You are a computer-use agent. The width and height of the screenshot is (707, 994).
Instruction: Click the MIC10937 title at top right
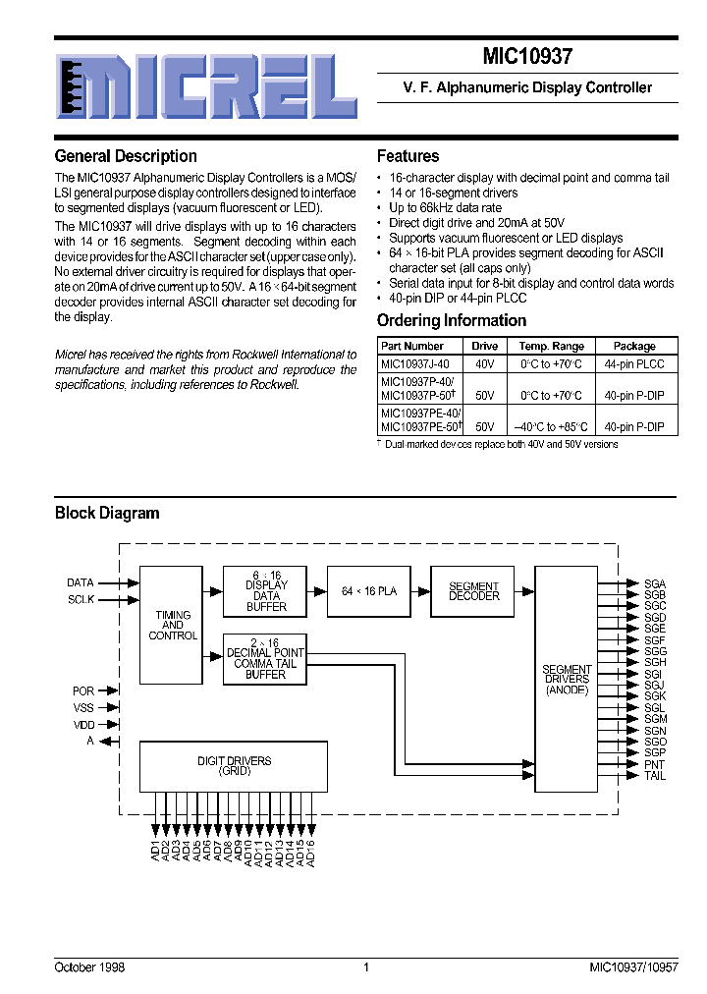[x=527, y=57]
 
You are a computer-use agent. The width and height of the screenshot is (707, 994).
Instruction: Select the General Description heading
[x=126, y=156]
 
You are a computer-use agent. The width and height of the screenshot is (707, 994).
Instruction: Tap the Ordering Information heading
[x=452, y=320]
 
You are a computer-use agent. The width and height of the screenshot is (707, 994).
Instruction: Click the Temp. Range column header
[x=551, y=346]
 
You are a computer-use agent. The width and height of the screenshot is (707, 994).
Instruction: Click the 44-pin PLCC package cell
[x=634, y=363]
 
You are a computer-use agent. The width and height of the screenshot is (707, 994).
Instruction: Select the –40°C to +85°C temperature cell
[x=551, y=427]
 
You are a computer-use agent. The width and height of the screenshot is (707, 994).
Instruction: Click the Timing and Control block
[x=172, y=625]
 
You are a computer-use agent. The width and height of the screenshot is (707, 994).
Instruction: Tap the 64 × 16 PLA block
[x=368, y=591]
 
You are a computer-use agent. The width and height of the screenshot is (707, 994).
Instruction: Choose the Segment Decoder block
[x=473, y=591]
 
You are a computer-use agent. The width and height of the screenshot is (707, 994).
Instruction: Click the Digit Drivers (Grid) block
[x=234, y=766]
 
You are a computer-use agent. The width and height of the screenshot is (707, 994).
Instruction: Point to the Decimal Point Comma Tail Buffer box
[x=265, y=664]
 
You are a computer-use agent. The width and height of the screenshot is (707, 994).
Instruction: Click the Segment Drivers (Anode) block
[x=567, y=679]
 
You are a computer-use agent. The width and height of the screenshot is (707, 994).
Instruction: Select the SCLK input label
[x=81, y=599]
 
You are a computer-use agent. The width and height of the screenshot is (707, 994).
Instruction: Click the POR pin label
[x=83, y=691]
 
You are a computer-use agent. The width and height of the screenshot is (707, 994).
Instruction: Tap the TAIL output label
[x=655, y=776]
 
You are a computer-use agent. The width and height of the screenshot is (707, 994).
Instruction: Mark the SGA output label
[x=655, y=583]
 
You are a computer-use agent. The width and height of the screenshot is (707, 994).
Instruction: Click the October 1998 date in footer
[x=89, y=967]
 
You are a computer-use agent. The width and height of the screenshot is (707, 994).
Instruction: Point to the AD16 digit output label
[x=310, y=851]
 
